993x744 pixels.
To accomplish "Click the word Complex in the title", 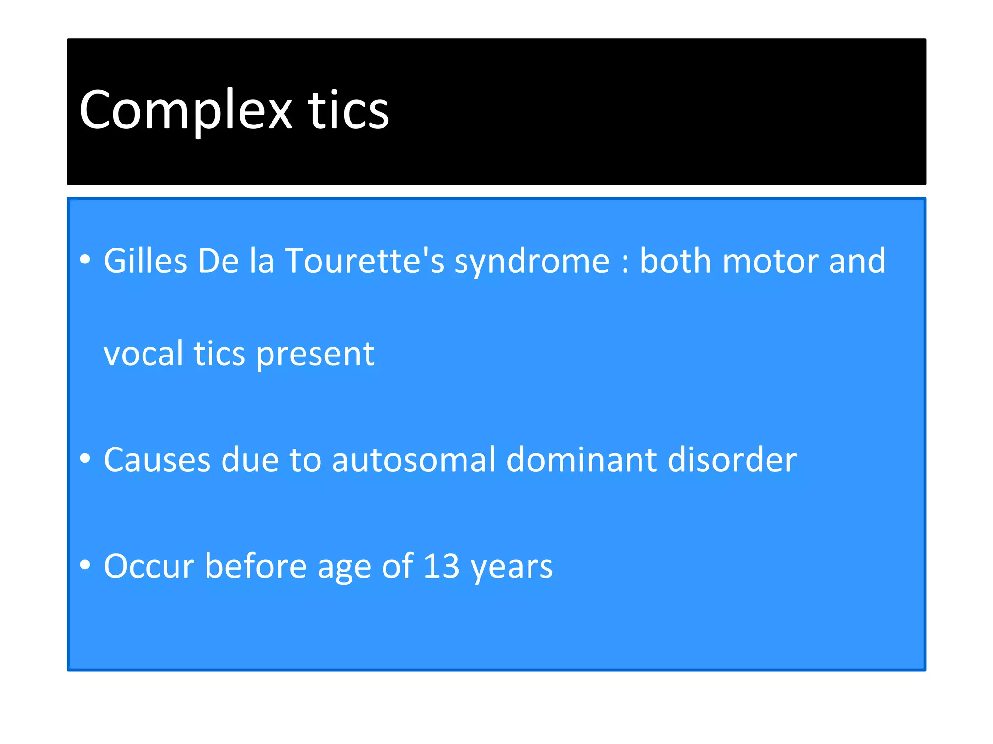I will pyautogui.click(x=186, y=110).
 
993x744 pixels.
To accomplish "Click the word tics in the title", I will pyautogui.click(x=348, y=110).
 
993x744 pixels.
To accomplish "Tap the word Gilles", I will pyautogui.click(x=145, y=261).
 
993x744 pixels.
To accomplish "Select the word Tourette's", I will pyautogui.click(x=364, y=261).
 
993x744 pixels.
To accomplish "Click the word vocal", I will pyautogui.click(x=144, y=354).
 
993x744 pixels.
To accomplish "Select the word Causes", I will pyautogui.click(x=157, y=460).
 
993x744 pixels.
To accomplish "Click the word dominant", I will pyautogui.click(x=581, y=460).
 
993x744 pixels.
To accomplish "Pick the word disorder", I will pyautogui.click(x=732, y=460).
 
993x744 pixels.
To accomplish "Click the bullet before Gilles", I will pyautogui.click(x=85, y=260).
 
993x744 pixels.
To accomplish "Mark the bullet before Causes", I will pyautogui.click(x=85, y=458).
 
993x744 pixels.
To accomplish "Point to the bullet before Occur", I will pyautogui.click(x=85, y=564).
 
